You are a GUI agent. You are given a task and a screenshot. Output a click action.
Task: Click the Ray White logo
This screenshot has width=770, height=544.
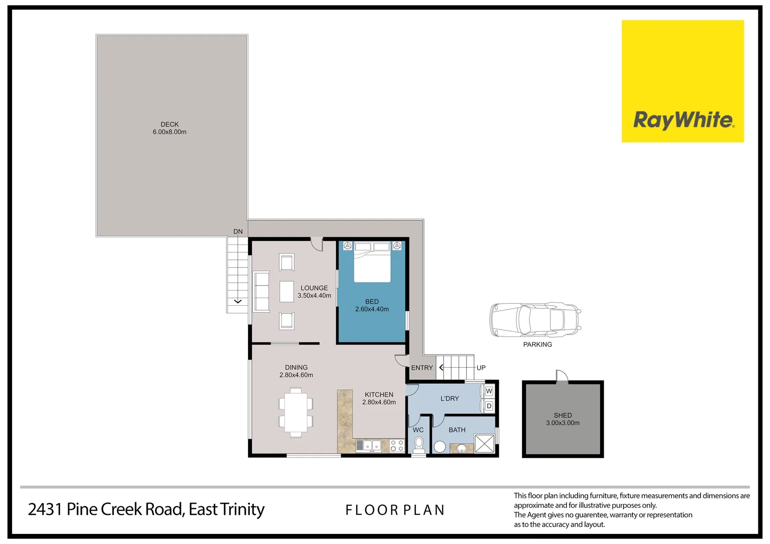(682, 82)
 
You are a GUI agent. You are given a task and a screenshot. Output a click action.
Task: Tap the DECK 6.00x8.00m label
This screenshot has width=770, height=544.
(170, 128)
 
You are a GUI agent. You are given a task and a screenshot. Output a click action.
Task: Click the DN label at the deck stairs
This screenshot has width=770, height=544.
(238, 232)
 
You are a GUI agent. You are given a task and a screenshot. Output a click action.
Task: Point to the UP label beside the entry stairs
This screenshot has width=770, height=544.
(481, 368)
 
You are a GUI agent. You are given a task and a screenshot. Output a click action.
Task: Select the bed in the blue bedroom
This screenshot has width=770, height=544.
(372, 262)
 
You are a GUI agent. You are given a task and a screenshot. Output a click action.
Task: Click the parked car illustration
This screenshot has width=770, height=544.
(535, 320)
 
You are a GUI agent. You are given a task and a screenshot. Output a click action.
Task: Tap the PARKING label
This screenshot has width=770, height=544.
(537, 345)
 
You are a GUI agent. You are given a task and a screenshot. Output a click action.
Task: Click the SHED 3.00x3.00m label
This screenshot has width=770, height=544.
(563, 419)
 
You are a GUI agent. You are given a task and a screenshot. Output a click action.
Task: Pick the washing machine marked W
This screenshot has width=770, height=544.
(488, 391)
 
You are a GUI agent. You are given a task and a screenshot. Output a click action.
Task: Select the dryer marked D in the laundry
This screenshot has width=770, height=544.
(488, 406)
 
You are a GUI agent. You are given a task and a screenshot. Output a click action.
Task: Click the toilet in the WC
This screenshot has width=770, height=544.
(419, 445)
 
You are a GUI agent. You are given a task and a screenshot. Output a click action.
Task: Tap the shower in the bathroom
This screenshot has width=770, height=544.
(484, 444)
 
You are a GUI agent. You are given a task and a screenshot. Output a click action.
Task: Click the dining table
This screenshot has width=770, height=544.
(296, 412)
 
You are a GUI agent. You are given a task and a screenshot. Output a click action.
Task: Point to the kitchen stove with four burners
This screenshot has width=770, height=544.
(397, 445)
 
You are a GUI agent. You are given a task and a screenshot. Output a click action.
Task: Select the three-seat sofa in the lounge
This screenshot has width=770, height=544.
(262, 292)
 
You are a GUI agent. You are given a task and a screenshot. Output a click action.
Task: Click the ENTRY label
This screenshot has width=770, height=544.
(422, 368)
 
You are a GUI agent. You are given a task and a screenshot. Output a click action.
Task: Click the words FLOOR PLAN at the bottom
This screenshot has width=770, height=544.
(395, 510)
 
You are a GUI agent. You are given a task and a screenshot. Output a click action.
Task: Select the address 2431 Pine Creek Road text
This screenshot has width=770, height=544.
(146, 509)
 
